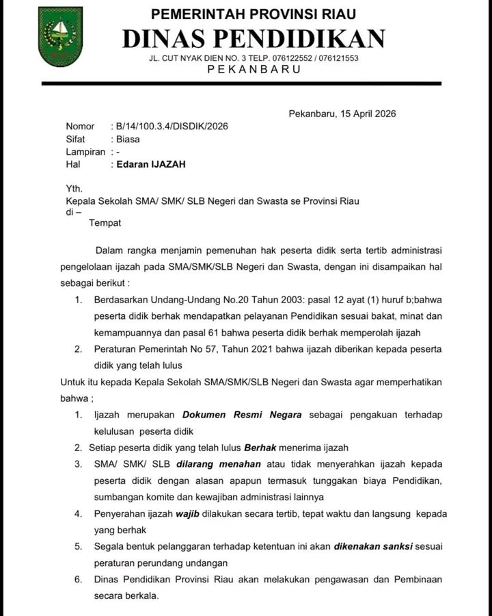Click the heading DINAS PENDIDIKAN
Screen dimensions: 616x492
[254, 39]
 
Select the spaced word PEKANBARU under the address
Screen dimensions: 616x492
[254, 70]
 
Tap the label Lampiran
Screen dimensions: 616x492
[85, 152]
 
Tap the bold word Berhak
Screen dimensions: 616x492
[260, 448]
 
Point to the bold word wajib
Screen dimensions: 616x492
[187, 513]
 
